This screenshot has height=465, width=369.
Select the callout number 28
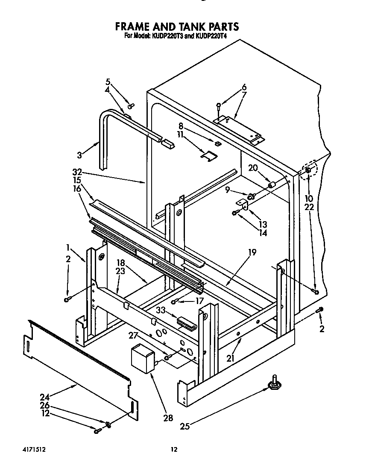click(x=168, y=418)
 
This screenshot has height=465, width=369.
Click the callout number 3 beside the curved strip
click(x=79, y=155)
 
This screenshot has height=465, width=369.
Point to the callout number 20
click(x=253, y=168)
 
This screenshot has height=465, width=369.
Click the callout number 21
click(x=231, y=359)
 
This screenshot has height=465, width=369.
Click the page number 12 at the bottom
click(x=173, y=449)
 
